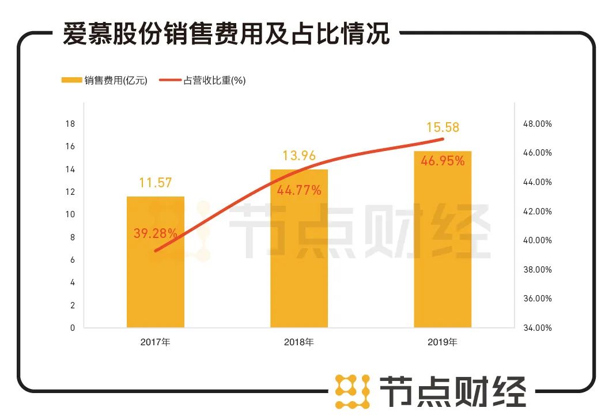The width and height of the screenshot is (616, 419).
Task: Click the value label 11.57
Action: (x=156, y=183)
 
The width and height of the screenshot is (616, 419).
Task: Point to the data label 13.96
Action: (x=299, y=156)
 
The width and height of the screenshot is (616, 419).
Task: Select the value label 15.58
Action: (x=443, y=127)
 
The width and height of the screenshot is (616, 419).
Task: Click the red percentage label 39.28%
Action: (x=155, y=233)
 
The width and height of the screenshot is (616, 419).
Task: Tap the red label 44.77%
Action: (x=299, y=190)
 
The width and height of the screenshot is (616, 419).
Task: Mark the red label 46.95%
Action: (x=443, y=161)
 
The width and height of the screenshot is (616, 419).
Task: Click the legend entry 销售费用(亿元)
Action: (x=104, y=81)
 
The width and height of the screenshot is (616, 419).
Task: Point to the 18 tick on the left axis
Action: (x=70, y=124)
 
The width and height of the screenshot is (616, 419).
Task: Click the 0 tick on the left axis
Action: (x=73, y=328)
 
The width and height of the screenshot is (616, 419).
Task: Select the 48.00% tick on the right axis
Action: (x=538, y=124)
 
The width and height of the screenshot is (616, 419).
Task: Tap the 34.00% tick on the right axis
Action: (x=538, y=328)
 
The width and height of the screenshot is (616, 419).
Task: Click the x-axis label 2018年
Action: (x=299, y=342)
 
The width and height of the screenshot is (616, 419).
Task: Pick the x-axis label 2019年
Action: (x=443, y=342)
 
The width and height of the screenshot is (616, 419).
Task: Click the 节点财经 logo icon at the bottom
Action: (x=353, y=392)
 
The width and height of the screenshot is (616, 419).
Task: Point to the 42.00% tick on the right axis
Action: (x=538, y=212)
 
